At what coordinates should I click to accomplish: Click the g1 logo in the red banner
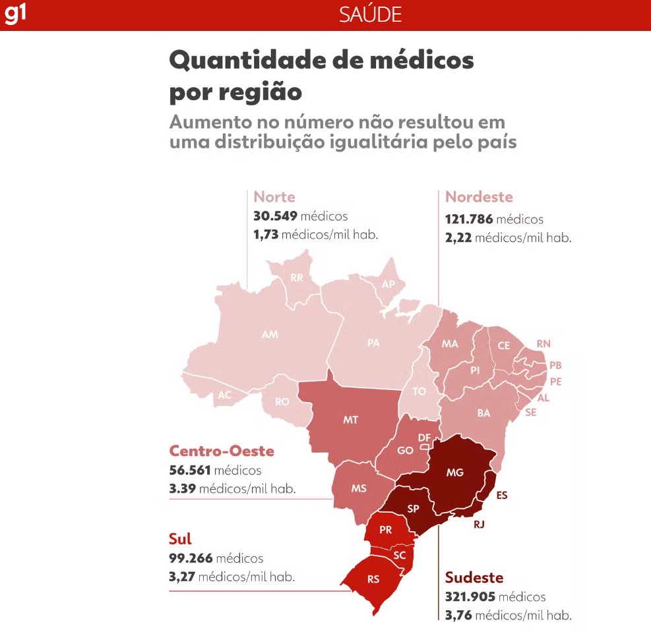[x=15, y=14]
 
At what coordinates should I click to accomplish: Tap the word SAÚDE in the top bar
[x=370, y=14]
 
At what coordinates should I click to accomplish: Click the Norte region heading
[x=274, y=197]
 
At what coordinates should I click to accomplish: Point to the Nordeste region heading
[x=479, y=197]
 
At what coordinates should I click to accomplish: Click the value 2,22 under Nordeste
[x=459, y=238]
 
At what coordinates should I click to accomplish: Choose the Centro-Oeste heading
[x=222, y=451]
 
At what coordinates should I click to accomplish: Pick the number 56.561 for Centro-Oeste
[x=191, y=471]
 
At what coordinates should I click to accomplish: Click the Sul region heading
[x=180, y=538]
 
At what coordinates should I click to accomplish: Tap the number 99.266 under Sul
[x=191, y=558]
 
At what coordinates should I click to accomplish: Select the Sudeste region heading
[x=474, y=578]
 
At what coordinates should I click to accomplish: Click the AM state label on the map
[x=270, y=335]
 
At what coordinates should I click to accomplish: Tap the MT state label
[x=351, y=420]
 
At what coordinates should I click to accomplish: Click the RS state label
[x=373, y=581]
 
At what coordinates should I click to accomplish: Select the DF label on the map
[x=425, y=438]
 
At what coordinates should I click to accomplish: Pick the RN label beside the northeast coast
[x=543, y=344]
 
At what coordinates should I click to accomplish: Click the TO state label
[x=419, y=391]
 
